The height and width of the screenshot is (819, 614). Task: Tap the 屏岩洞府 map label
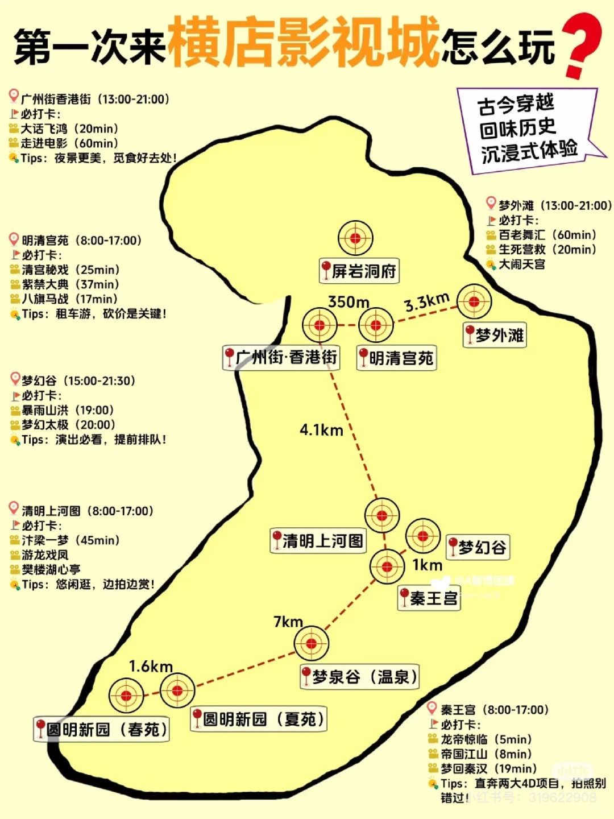point(359,271)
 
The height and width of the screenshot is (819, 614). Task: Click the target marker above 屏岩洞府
point(355,238)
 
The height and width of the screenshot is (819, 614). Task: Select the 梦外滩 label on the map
point(494,335)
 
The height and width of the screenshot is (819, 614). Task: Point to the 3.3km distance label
point(427,302)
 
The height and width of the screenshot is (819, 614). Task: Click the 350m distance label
point(349,302)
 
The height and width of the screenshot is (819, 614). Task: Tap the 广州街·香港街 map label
point(281,358)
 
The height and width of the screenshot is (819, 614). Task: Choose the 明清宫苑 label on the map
point(396,358)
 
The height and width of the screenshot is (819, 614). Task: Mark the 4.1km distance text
point(321,431)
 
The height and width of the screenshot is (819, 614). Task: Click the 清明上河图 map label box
point(317,540)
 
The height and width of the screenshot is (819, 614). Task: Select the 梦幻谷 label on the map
point(477,548)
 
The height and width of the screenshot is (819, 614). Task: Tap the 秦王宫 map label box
point(429,598)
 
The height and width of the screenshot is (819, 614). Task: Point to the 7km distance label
point(288,622)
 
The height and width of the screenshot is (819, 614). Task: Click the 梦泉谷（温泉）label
point(359,677)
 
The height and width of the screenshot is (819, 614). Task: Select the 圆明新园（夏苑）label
point(259,719)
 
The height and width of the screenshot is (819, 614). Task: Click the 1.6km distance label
point(151,667)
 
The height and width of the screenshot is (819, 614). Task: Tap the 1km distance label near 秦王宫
point(427,565)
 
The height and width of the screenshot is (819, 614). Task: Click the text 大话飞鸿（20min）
point(69,129)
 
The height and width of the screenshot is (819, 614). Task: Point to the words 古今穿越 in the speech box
point(515,105)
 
